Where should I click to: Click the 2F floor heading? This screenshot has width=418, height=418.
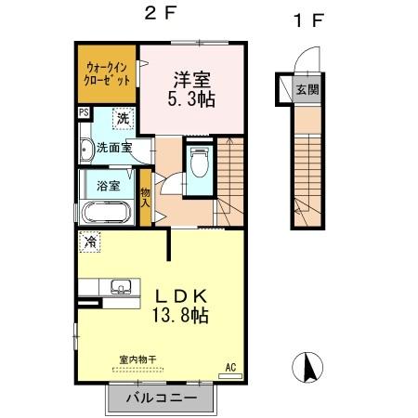coord(154,16)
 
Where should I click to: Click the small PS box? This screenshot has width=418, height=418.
coord(84,113)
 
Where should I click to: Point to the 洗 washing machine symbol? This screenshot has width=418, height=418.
coord(123,119)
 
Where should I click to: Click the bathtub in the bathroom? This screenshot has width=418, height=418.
coord(109,213)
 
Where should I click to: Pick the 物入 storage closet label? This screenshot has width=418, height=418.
coord(146,196)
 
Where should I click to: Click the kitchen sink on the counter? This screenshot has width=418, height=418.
coord(120,286)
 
